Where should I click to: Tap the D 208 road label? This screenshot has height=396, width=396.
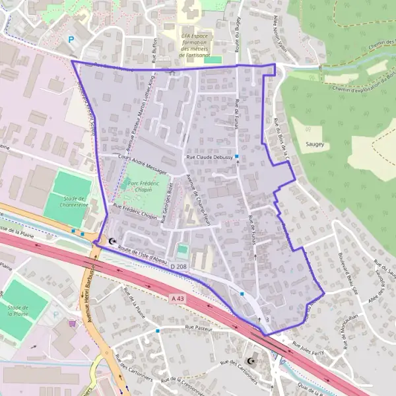[x=178, y=267]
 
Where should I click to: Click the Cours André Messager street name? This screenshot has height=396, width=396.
[x=141, y=164]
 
